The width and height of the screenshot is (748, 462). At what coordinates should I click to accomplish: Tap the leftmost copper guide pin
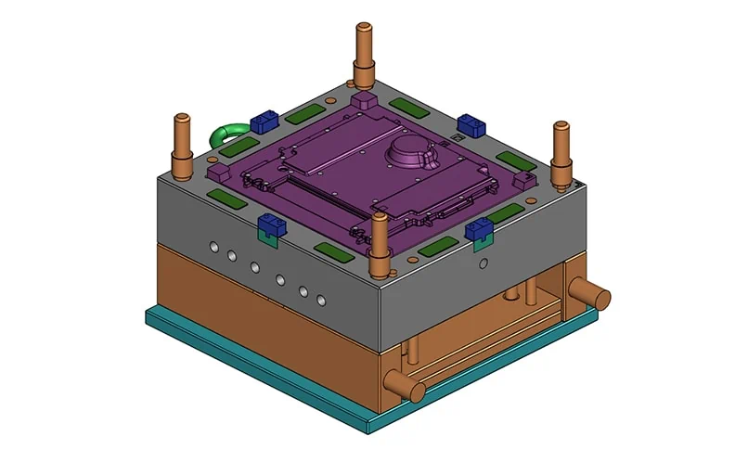(182, 144)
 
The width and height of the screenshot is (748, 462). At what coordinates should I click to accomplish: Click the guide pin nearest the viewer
(380, 246)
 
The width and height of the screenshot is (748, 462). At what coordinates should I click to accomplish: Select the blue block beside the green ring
(265, 119)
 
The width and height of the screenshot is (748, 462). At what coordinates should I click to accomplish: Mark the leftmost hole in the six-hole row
(214, 248)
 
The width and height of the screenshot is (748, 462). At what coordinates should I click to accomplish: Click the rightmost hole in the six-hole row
(321, 301)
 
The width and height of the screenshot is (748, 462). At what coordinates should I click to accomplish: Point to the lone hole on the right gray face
(482, 263)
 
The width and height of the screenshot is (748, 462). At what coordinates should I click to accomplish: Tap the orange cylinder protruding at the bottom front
(397, 382)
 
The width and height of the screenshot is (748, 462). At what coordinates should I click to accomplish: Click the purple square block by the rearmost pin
(363, 99)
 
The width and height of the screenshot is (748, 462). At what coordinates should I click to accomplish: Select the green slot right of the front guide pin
(438, 247)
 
